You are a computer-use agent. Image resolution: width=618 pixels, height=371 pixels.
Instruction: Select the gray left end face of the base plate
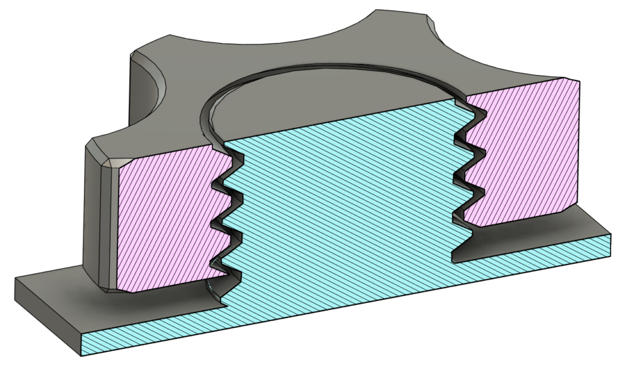pos(48,309)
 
